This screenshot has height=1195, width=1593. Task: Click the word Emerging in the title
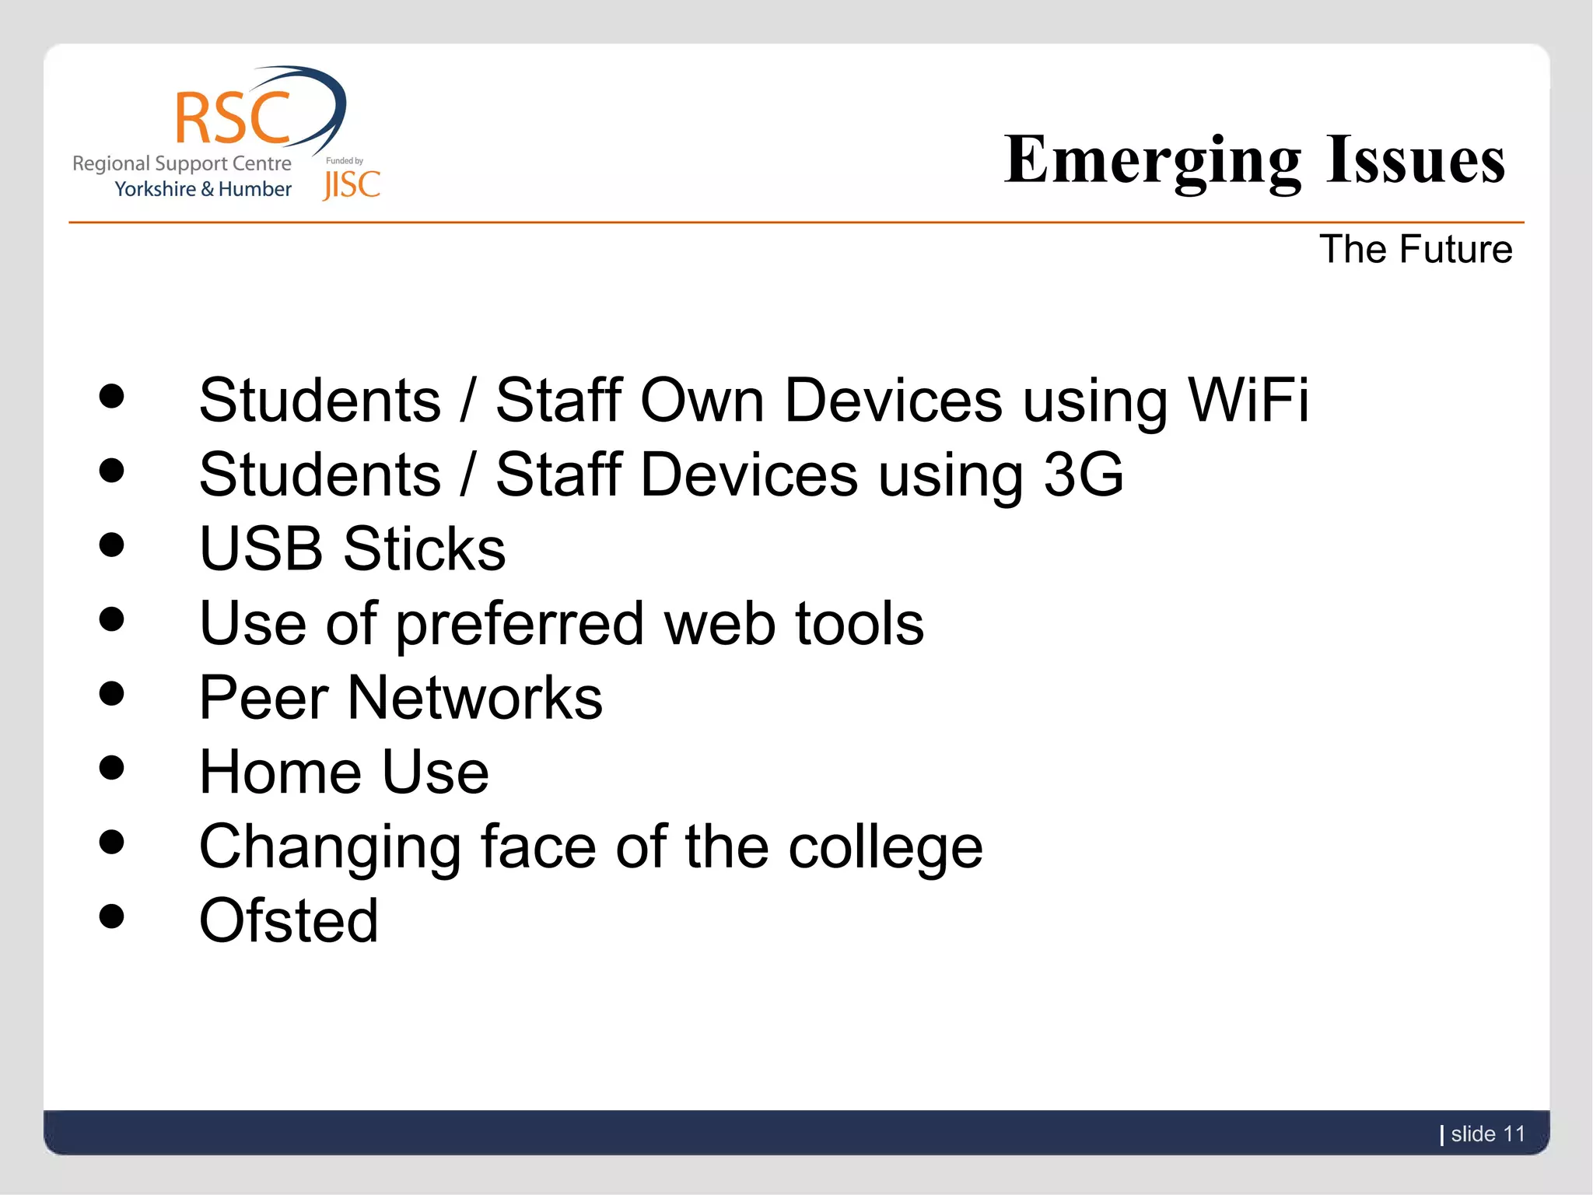click(1152, 161)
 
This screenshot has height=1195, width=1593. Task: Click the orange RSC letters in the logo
click(233, 118)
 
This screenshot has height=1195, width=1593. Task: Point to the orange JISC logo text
click(352, 185)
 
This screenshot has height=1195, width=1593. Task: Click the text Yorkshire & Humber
click(203, 189)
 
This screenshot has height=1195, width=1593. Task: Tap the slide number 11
click(1514, 1134)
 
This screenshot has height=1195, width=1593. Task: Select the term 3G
click(1083, 475)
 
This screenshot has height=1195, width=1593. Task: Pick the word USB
click(261, 548)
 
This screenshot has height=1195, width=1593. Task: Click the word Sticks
click(424, 548)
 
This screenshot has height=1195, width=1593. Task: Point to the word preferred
click(520, 625)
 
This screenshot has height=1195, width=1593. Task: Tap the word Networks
click(474, 698)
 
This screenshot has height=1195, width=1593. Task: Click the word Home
click(281, 772)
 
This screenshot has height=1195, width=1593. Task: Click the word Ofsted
click(289, 920)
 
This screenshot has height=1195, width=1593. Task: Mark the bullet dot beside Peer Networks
click(112, 693)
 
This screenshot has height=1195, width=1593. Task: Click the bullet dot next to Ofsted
click(112, 916)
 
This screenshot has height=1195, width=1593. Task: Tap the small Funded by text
click(344, 161)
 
